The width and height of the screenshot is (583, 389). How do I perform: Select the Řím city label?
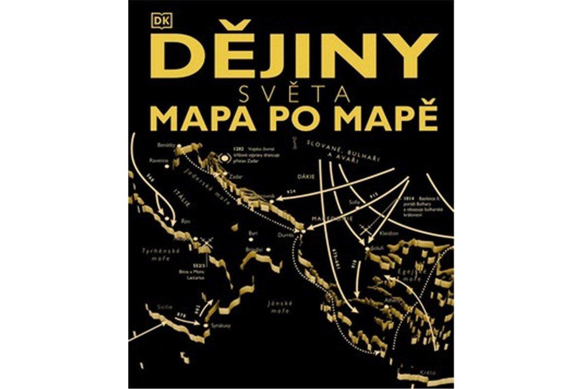(x=185, y=221)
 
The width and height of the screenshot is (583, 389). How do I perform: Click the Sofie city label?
(x=354, y=201)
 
